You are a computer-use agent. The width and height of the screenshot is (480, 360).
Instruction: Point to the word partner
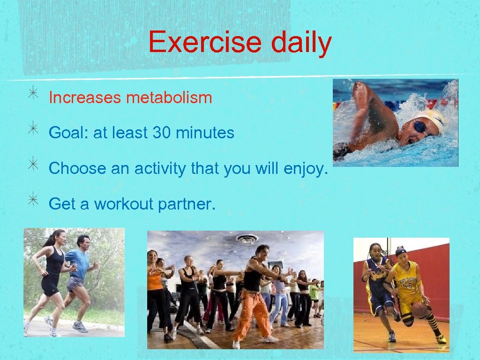coord(187,204)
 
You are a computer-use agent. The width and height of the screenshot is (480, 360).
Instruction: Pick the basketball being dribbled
coord(420,309)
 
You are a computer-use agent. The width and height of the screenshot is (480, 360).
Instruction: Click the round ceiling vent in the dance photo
coord(247,238)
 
